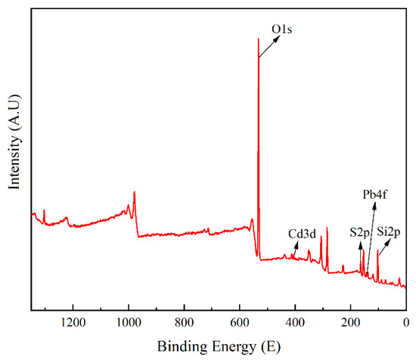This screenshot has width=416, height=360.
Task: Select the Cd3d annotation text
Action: click(x=303, y=234)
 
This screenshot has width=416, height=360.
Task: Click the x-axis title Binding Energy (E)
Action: click(x=219, y=347)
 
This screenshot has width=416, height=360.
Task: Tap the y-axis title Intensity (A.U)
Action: click(x=14, y=141)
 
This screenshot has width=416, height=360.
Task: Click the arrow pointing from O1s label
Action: click(x=266, y=47)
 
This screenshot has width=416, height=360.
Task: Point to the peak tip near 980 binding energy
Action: click(x=135, y=192)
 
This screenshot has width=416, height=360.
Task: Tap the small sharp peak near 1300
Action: click(x=44, y=210)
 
